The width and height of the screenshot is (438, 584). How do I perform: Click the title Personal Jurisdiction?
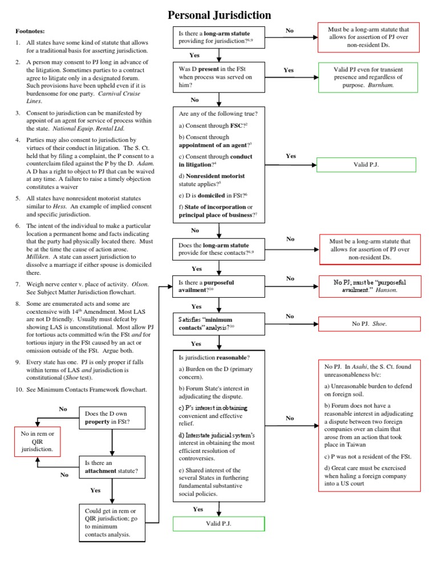(x=219, y=15)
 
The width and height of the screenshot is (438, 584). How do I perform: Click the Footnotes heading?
(x=30, y=31)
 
